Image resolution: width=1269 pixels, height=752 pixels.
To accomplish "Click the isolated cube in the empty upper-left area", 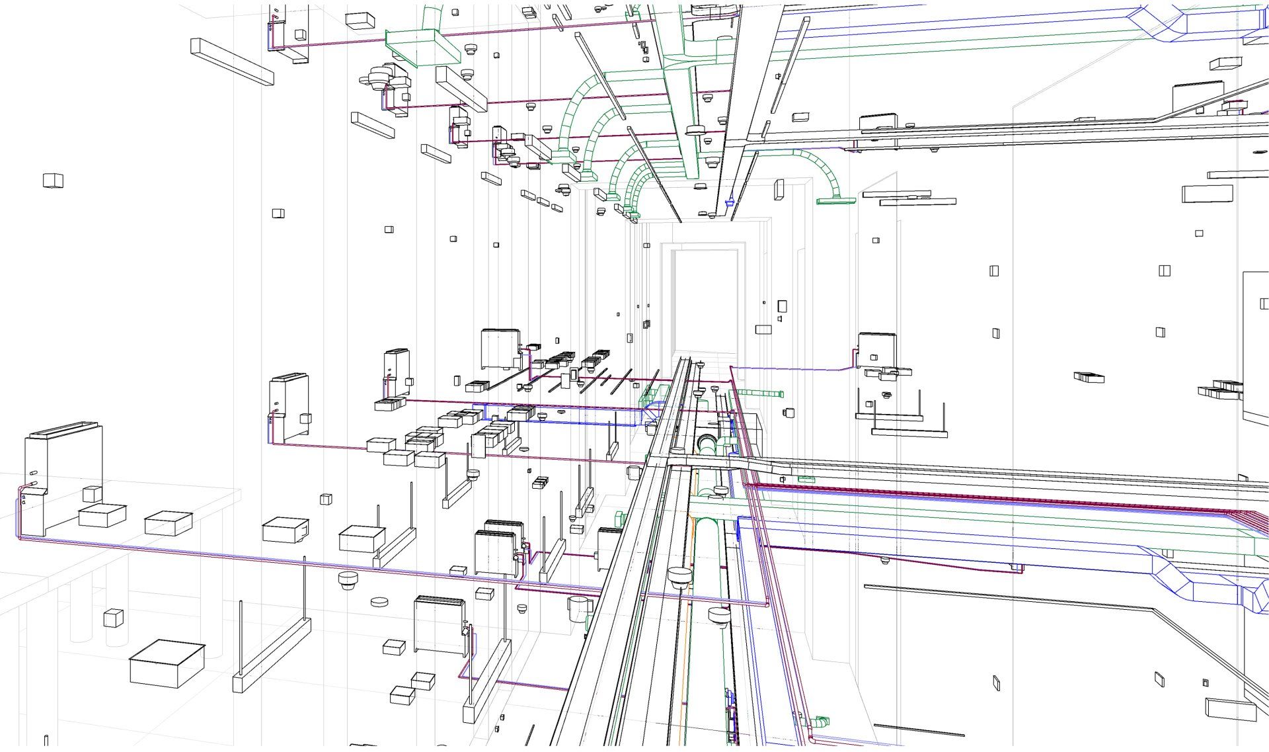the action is pyautogui.click(x=53, y=180).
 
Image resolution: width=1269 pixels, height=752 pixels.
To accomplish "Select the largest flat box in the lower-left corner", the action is pyautogui.click(x=167, y=663).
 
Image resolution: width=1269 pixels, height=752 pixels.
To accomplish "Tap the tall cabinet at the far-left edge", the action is pyautogui.click(x=63, y=476).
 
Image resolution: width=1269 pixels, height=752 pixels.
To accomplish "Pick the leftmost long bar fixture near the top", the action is pyautogui.click(x=232, y=62).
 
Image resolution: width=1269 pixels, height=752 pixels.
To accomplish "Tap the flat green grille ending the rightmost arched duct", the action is pyautogui.click(x=836, y=200).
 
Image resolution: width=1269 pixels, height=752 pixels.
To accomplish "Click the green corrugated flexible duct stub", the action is pyautogui.click(x=760, y=394).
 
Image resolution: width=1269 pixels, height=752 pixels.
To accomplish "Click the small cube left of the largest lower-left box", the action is pyautogui.click(x=114, y=618).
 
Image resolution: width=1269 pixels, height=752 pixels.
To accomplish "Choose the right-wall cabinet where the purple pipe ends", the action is pyautogui.click(x=877, y=351).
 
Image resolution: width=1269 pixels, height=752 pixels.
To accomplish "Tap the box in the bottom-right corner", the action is pyautogui.click(x=1229, y=710).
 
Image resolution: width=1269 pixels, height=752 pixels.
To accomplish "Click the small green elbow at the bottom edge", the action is pyautogui.click(x=820, y=722).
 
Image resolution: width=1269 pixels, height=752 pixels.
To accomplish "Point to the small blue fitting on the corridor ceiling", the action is pyautogui.click(x=730, y=202).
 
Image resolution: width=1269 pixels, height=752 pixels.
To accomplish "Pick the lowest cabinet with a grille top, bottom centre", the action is pyautogui.click(x=440, y=625).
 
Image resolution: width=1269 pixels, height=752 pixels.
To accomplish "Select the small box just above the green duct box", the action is pyautogui.click(x=360, y=21).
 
